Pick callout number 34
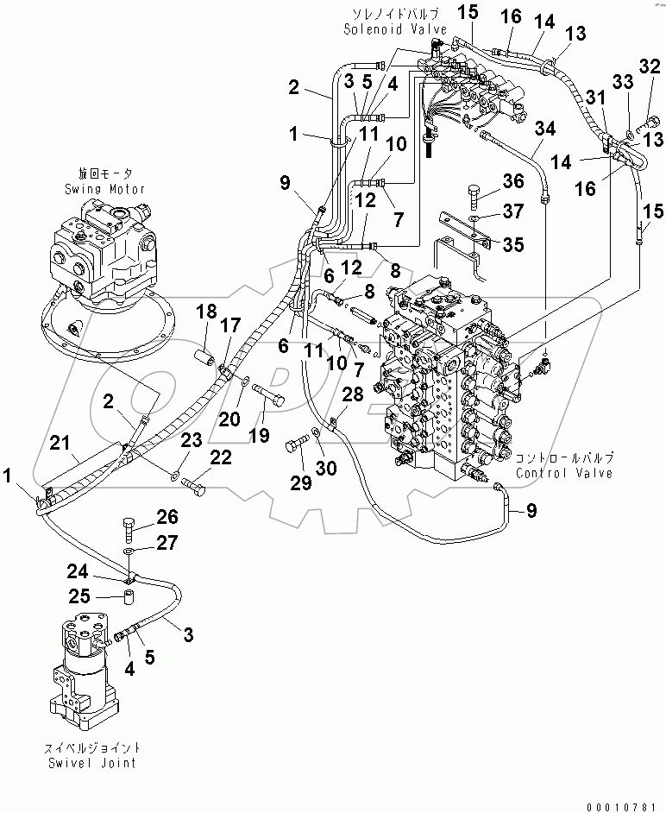click(x=545, y=129)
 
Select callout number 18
click(x=208, y=311)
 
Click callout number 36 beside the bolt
click(x=513, y=182)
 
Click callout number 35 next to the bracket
click(x=513, y=244)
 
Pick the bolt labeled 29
click(x=296, y=446)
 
